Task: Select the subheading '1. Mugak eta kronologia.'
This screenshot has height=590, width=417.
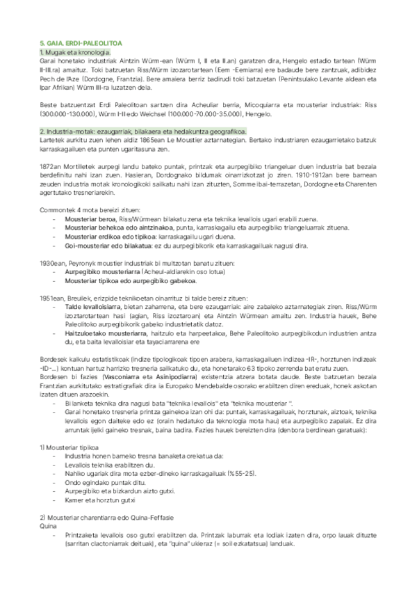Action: coord(75,52)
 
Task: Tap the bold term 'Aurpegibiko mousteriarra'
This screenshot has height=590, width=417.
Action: coord(101,272)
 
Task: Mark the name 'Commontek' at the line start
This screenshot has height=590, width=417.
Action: coord(54,210)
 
